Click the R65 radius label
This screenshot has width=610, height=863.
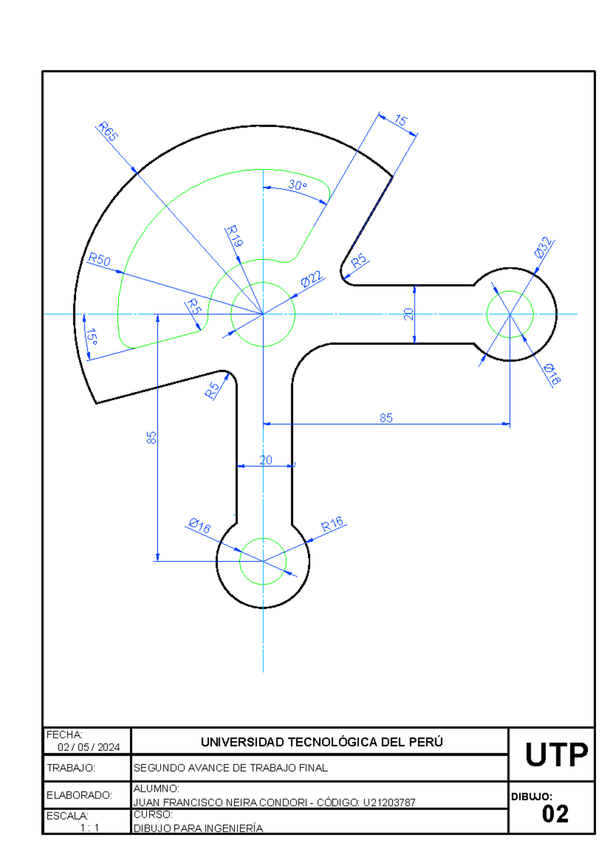point(108,131)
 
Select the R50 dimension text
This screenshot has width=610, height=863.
point(99,260)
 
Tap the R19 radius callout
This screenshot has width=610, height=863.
point(234,236)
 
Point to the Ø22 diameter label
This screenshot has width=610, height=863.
point(312,279)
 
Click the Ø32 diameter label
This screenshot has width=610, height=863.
point(543,248)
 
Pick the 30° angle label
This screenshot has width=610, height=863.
point(297,185)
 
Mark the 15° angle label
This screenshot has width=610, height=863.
point(91,336)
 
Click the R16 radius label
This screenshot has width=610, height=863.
point(332,524)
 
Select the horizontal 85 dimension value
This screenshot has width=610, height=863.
point(386,418)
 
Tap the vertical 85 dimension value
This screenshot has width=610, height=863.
point(151,438)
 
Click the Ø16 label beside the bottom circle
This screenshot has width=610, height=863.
point(199,526)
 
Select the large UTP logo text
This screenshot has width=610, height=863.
point(556,754)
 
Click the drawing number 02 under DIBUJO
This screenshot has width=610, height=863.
point(555,814)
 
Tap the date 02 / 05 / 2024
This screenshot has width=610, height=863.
point(89,747)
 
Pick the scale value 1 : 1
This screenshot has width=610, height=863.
point(89,827)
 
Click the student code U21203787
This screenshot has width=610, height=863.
point(389,803)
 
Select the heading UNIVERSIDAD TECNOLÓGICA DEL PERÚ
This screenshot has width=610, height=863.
point(322,742)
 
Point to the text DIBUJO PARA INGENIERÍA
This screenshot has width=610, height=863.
point(198,828)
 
